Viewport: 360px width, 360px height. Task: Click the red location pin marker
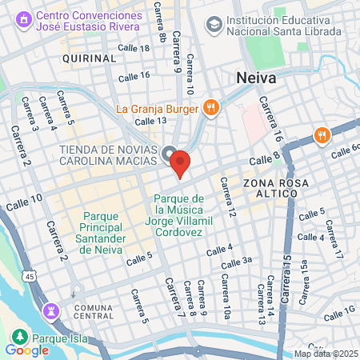[x=180, y=163]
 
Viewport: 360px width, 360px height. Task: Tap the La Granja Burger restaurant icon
[x=210, y=107]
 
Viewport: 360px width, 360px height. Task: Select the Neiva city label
[x=257, y=78]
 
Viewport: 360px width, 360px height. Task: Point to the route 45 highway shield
[x=30, y=276]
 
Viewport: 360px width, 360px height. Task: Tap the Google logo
[x=26, y=350]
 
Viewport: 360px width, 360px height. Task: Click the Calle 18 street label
[x=134, y=49]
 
